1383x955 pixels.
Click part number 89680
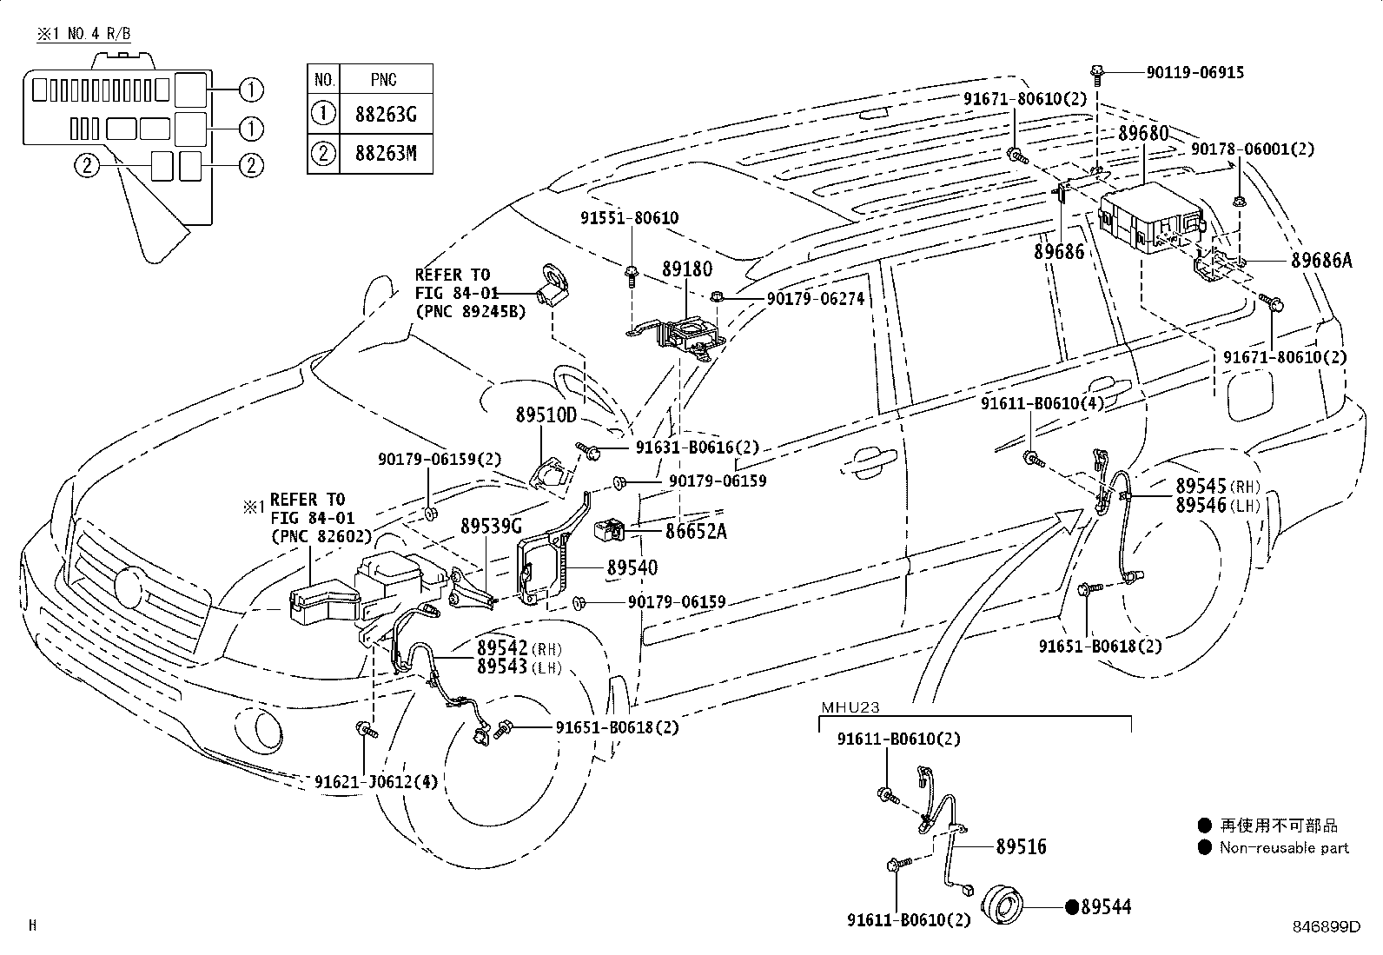pos(1142,134)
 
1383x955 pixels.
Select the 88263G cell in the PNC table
pos(386,114)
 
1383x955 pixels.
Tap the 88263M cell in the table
pos(386,154)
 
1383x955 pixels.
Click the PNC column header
pos(383,80)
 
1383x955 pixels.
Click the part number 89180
pos(686,270)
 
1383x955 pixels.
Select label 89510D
pos(546,415)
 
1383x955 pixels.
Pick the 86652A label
pos(696,530)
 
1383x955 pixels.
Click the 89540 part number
pos(632,567)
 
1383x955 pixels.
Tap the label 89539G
pos(491,526)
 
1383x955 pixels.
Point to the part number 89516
pos(1021,846)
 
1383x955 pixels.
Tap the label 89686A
pos(1320,260)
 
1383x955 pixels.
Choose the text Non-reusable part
pos(1284,847)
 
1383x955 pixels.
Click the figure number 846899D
pos(1325,926)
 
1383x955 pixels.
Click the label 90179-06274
pos(815,299)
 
